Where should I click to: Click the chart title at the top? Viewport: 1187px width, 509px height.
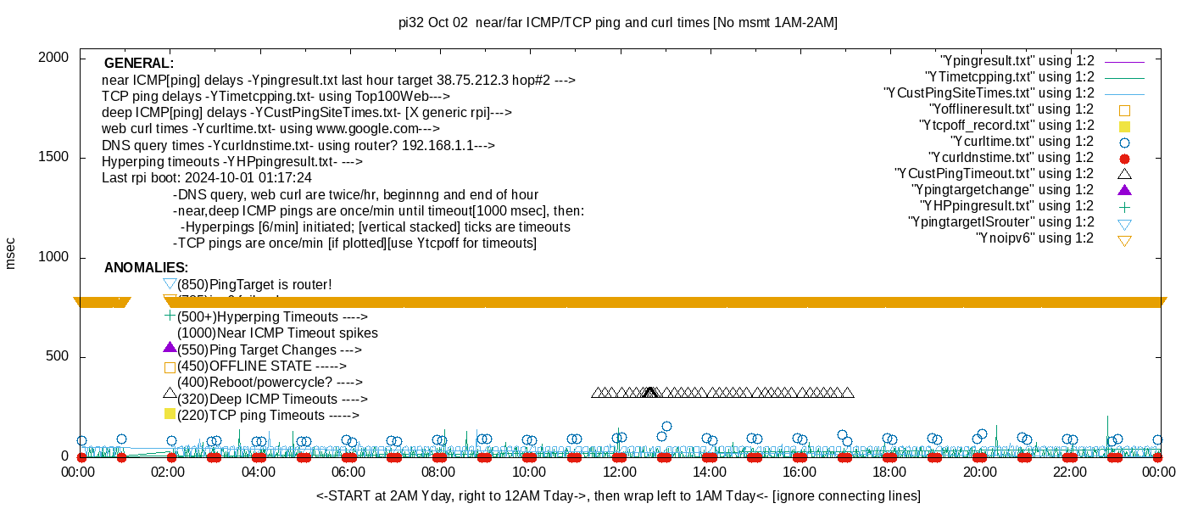tap(617, 23)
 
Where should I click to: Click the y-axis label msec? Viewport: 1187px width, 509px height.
tap(11, 254)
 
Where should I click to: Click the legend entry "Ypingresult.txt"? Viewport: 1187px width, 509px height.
tap(1017, 61)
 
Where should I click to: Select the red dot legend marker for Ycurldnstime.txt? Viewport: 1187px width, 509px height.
tap(1125, 158)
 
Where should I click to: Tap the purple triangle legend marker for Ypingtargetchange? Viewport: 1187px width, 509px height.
tap(1125, 190)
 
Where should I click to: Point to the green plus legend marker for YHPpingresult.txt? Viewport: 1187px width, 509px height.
tap(1125, 206)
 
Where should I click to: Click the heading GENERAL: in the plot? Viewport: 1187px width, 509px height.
tap(138, 64)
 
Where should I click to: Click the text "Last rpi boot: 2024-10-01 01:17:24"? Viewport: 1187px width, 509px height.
tap(206, 178)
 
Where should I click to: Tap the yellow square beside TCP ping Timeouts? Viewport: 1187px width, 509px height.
tap(170, 414)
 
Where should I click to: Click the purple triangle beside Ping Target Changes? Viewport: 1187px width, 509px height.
tap(170, 347)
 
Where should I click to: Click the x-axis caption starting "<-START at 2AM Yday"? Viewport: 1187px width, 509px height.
tap(618, 495)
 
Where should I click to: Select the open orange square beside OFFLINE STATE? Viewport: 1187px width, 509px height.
tap(170, 367)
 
